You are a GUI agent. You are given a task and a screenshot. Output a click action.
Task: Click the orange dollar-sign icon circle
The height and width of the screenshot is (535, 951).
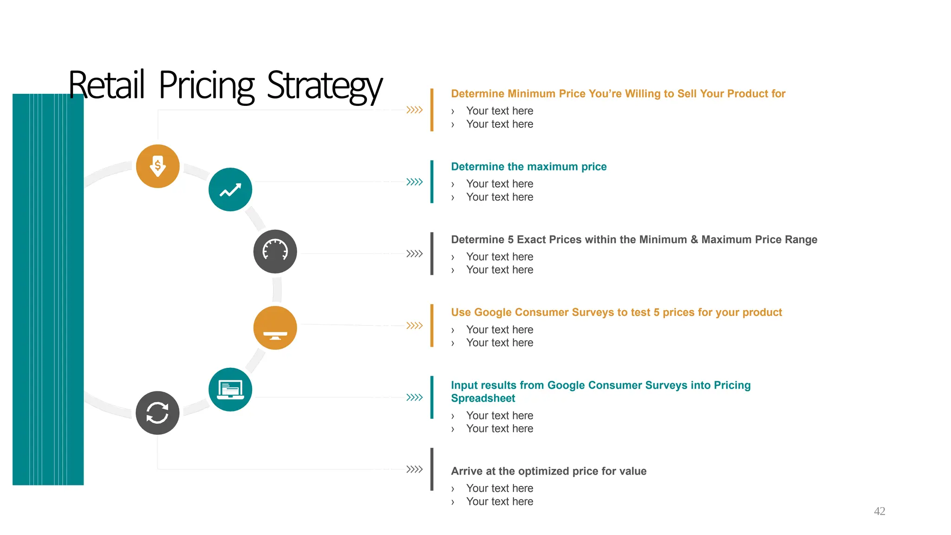click(158, 166)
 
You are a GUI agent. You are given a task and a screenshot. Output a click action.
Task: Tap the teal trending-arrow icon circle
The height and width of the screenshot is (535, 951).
click(230, 189)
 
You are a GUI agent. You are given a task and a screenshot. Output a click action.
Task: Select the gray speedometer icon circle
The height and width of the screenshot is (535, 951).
click(275, 252)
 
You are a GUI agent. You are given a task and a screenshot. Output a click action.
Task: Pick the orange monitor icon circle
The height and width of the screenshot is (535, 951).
click(275, 328)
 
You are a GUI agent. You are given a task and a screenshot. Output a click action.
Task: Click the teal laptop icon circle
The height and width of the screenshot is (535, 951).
click(230, 390)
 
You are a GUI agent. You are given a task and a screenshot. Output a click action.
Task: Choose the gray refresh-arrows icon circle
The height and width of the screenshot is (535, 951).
click(157, 413)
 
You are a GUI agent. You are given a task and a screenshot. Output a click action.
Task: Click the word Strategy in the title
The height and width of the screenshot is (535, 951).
click(325, 86)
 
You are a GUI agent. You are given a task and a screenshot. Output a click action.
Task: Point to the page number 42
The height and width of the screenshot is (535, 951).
click(879, 511)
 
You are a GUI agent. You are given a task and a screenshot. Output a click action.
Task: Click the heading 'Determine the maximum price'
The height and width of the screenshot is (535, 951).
click(528, 167)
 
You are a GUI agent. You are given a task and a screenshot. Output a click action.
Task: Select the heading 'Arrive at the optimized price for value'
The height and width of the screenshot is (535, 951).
click(548, 471)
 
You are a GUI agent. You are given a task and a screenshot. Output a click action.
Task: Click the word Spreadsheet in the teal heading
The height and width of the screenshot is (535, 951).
click(483, 398)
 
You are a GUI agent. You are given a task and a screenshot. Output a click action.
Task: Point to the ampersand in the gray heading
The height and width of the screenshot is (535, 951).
click(694, 240)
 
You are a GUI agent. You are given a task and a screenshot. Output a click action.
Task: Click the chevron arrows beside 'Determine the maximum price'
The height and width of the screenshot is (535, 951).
click(414, 182)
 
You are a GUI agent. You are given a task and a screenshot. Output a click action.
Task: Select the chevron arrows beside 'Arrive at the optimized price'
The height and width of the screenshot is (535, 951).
click(414, 469)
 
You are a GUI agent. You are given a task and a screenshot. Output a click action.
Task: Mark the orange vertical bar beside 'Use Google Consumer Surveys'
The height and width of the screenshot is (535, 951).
click(432, 326)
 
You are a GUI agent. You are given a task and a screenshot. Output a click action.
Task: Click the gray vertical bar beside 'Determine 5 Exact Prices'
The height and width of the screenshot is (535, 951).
click(432, 254)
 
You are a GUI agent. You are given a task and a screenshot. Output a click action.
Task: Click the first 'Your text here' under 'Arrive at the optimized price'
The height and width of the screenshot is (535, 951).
click(500, 489)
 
